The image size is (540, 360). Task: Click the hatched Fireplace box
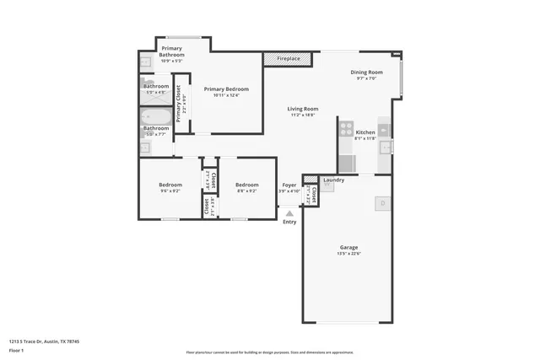288,59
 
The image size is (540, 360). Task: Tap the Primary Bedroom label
226,89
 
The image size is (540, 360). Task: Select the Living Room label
302,109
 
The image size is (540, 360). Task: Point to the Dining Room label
367,73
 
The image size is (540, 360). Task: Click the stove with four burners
346,129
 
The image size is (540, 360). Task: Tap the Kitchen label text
365,132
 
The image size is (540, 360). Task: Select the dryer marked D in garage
382,203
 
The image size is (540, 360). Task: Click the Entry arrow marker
289,214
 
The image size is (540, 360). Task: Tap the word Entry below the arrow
289,222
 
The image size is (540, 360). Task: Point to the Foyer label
289,185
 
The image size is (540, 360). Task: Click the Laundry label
333,180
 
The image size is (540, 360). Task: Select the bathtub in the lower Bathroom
156,118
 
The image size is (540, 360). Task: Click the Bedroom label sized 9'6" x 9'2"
170,185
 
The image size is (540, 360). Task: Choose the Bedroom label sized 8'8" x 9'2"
246,185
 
